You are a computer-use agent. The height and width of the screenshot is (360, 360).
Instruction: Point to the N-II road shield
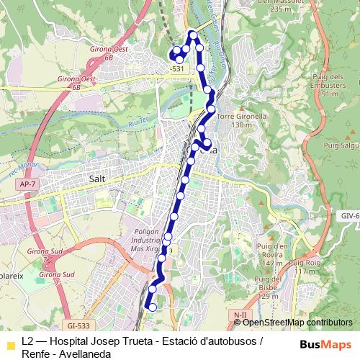[240, 315]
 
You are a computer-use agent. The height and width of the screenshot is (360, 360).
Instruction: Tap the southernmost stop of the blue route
[152, 307]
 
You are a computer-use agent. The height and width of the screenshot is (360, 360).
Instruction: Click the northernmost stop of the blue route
[193, 35]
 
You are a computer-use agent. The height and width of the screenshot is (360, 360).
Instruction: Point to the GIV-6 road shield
[349, 215]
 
